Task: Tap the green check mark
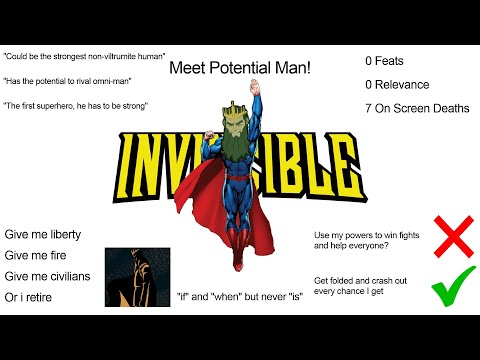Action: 452,292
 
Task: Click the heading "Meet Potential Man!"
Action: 240,68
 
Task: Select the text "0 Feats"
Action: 385,61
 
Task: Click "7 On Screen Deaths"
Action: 416,108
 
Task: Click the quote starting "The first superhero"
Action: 76,105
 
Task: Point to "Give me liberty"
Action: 42,234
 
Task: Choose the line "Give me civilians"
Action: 47,276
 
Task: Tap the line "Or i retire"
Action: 32,297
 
